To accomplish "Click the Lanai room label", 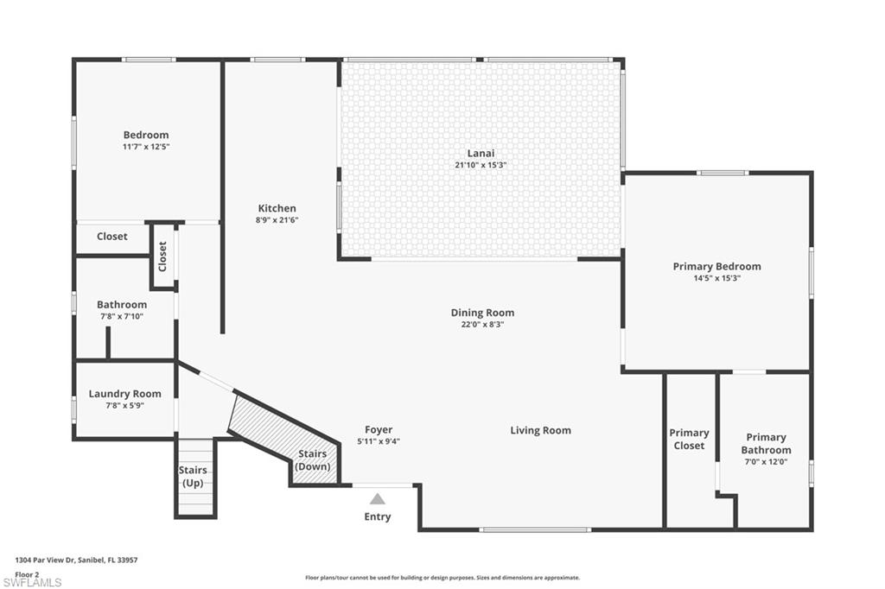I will coord(481,153).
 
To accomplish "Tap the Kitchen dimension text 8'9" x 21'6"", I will coord(277,220).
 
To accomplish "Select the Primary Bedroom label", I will coord(716,266).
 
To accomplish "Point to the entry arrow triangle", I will coord(378,498).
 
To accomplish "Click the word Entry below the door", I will coord(378,516).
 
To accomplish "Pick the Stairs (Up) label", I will coord(193,476).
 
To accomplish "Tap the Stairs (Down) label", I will coord(313,459).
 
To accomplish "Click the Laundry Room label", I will coord(124,394).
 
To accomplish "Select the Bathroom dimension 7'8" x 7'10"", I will coord(121,316).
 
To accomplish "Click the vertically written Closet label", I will coord(162,256).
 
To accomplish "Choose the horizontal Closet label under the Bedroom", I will coord(111,236).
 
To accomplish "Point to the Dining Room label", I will coord(482,313).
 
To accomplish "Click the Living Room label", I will coord(540,430).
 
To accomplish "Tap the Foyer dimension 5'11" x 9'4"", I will coord(379,441).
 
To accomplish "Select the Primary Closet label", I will coord(689,439).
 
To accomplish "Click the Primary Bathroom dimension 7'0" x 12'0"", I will coord(766,461).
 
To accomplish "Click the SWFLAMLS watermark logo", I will coord(32,581).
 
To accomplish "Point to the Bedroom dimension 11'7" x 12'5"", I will coord(145,147).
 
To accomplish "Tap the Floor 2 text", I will coord(27,573).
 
